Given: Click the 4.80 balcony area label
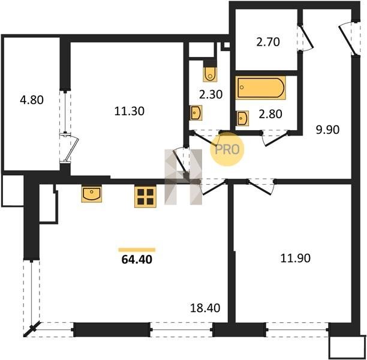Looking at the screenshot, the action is coord(32,100).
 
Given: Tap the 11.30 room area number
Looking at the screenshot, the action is coord(129,111).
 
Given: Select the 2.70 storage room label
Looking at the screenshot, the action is coord(268,42).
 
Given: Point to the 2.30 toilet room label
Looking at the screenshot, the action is coord(210,95).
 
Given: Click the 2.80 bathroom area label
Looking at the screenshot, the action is coord(270,114).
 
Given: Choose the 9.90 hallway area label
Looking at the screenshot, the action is coord(327,130).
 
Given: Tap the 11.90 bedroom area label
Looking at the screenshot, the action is coord(296,258).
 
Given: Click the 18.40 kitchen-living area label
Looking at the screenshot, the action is coord(205,308).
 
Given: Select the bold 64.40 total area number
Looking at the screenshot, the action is coord(137,260).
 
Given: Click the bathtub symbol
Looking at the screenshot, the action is coord(260,88).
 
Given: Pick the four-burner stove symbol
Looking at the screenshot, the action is coord(145,197).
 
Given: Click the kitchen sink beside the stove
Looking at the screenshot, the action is coord(92,194).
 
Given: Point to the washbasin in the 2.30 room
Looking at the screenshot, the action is coord(195,113).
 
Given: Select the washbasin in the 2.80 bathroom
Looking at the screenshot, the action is coord(242,118).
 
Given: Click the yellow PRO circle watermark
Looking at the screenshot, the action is coord(227,149).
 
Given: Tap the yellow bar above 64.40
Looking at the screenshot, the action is coord(137,250).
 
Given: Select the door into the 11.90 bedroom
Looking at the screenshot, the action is coord(261,187).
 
